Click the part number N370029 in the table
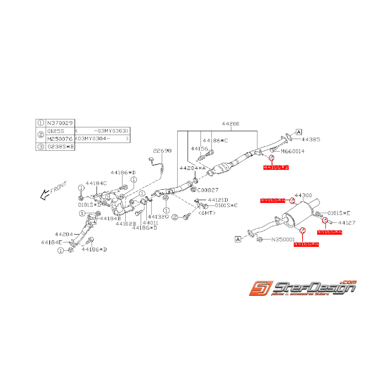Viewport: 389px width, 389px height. tap(60, 123)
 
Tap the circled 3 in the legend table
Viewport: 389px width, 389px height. tap(41, 146)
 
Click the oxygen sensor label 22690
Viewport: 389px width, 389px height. tap(162, 151)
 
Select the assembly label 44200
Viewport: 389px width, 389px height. tap(231, 124)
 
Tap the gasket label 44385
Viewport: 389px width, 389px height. tap(311, 140)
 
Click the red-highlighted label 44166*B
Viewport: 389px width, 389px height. tap(276, 167)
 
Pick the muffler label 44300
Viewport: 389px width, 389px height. tap(303, 195)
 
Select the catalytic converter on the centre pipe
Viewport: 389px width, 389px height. tap(226, 169)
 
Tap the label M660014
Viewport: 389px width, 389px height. tap(292, 151)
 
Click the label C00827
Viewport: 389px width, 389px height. tap(208, 190)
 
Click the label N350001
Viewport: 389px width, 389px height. tap(283, 240)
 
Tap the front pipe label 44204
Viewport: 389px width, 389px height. tap(64, 234)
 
